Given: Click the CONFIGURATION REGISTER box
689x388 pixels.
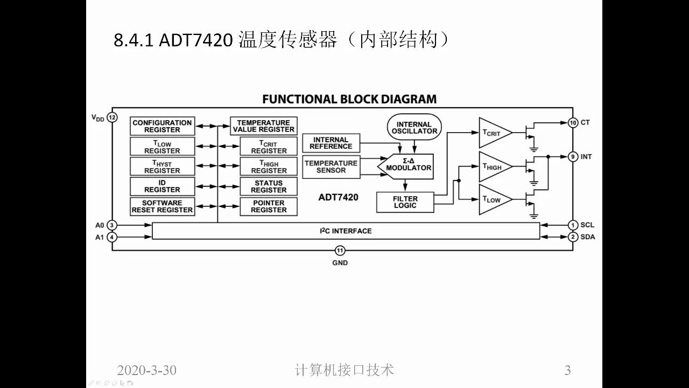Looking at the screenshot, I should [162, 126].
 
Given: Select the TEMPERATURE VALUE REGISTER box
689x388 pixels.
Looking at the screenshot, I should [263, 126].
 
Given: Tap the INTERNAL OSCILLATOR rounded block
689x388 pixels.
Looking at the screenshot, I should [414, 128].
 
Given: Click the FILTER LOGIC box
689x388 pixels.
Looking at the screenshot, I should [405, 202].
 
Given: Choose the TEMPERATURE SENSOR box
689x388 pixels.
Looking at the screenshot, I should [331, 167].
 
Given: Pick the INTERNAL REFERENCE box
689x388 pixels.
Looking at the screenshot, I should [331, 143].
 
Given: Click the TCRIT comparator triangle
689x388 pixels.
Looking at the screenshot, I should [492, 133].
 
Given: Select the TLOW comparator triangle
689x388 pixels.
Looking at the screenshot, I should [492, 199].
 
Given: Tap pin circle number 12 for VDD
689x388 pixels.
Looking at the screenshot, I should [112, 117].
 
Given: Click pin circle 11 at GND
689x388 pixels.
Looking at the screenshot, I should [340, 251].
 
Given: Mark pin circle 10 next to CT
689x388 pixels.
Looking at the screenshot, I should [573, 123].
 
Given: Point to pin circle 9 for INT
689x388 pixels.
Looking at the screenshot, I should [573, 157].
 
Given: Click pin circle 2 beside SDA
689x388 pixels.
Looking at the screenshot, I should [573, 237].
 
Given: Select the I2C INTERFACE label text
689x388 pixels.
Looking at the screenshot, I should [346, 231].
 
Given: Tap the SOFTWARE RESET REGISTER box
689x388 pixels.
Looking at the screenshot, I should [162, 206].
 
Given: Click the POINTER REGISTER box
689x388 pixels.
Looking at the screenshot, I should [269, 206].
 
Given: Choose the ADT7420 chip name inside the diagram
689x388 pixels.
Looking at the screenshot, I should [338, 197].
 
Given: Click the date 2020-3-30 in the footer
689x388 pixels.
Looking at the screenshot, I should [146, 370].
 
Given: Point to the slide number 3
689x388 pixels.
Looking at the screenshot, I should [567, 370].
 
